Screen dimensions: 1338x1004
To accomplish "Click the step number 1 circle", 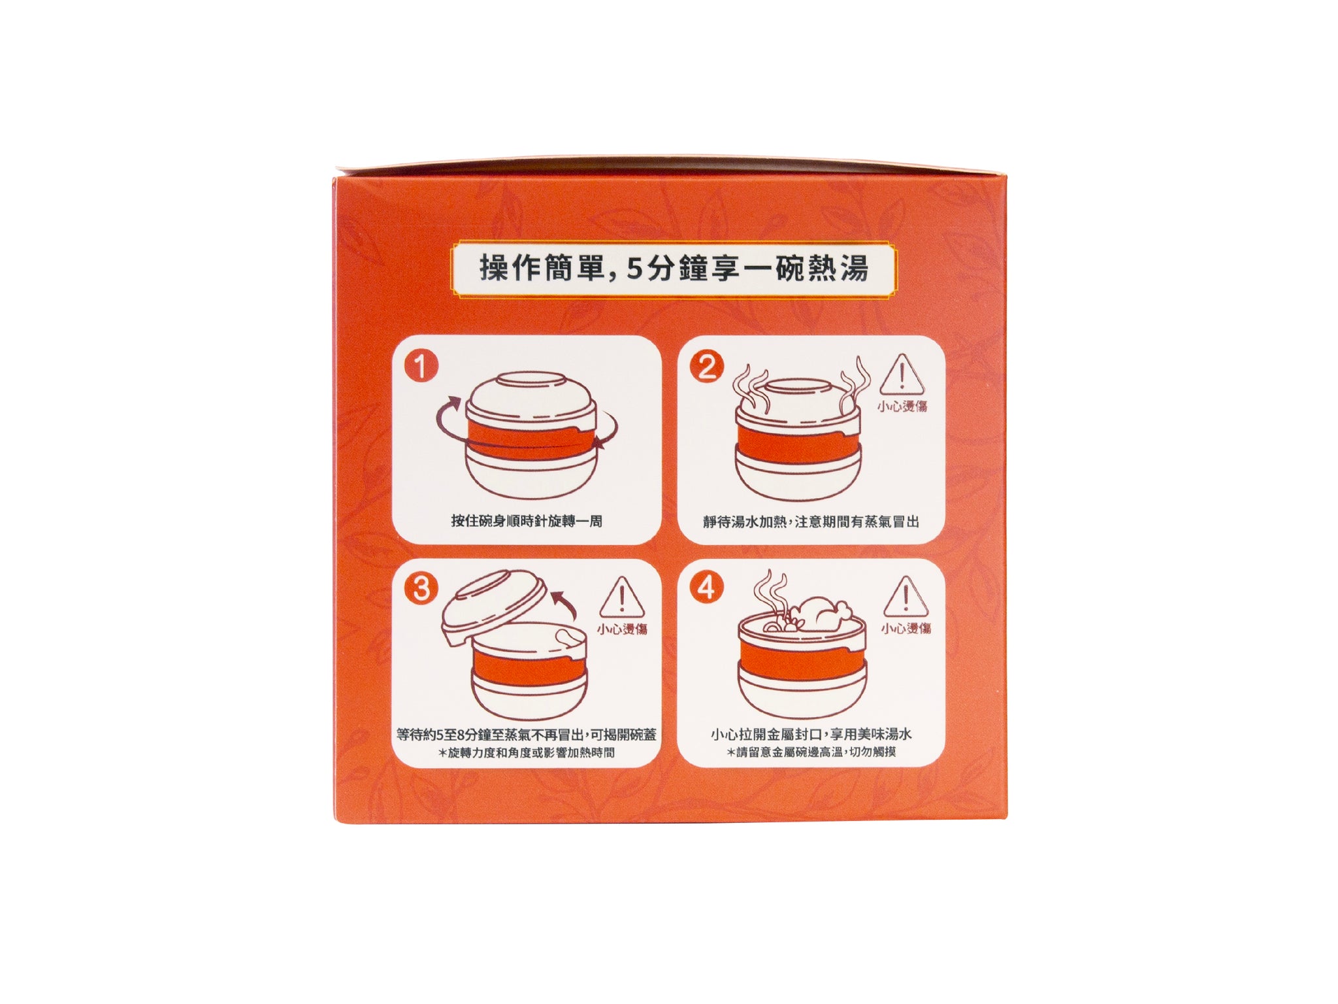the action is [x=421, y=367].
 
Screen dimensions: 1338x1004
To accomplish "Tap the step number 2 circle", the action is [x=707, y=367].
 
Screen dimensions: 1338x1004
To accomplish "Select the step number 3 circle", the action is [x=421, y=589].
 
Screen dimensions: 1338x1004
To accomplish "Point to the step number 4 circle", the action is [x=707, y=588].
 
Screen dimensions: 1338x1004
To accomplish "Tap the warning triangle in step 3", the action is [x=622, y=597].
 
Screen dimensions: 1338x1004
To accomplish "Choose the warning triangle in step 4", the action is [x=906, y=597].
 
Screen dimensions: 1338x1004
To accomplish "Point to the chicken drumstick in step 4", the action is [x=823, y=614].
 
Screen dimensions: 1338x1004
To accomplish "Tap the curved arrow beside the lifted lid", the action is [x=565, y=605].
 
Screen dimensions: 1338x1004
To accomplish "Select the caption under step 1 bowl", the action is [x=527, y=521].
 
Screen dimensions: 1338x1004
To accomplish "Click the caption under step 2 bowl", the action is [x=811, y=522].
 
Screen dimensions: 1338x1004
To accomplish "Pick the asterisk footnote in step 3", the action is [x=527, y=752].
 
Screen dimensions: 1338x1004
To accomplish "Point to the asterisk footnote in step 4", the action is [x=811, y=752].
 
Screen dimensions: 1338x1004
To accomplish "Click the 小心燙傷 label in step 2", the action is [x=902, y=407].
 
